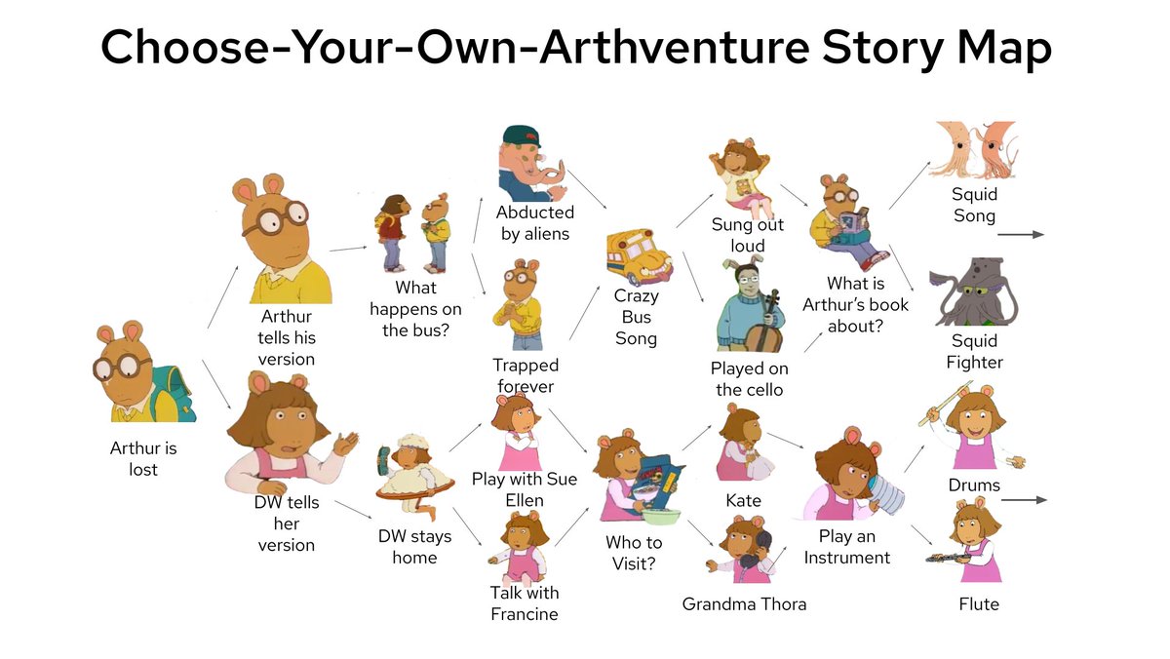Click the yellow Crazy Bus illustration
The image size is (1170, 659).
coord(639,255)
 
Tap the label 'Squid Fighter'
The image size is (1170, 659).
coord(974,351)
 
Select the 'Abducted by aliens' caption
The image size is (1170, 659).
coord(535,222)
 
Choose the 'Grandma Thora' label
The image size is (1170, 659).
coord(744,603)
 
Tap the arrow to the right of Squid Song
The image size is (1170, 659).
coord(1021,235)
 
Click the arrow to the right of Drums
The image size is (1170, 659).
coord(1024,499)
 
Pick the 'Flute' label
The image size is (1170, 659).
coord(978,603)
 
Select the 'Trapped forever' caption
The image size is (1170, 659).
coord(526,375)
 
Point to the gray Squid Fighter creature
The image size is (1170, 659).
coord(974,291)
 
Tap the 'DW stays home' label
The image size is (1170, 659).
coord(414,547)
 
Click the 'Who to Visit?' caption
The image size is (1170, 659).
coord(634,553)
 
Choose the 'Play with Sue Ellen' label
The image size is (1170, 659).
coord(525,488)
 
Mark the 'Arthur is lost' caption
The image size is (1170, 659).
coord(142,458)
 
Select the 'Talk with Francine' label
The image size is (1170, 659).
coord(525,602)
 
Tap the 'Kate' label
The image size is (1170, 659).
coord(743,500)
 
